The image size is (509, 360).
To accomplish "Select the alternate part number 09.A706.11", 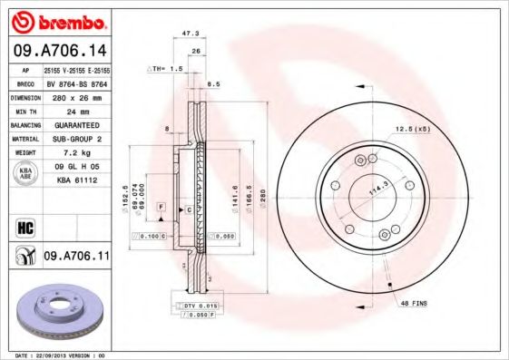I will [x=75, y=257].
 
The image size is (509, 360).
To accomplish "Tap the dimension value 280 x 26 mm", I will [x=75, y=95].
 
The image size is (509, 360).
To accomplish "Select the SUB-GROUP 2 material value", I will [x=75, y=139].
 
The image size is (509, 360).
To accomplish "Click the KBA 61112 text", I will [x=75, y=181].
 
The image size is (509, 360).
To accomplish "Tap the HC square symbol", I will [x=24, y=226].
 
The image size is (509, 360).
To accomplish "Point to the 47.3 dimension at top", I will [x=191, y=33].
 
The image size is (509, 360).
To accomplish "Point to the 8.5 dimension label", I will [x=214, y=84].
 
